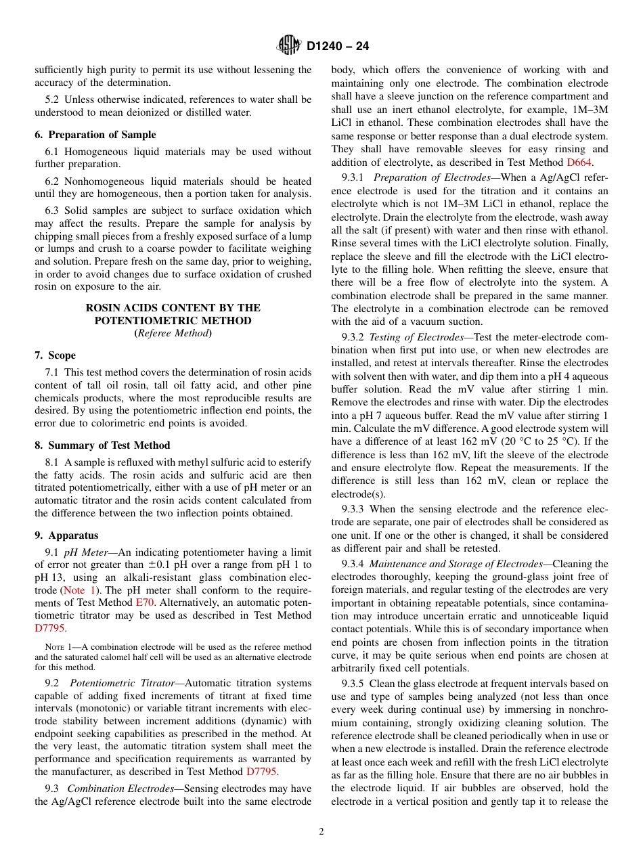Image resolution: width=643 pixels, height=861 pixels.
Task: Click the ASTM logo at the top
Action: (x=288, y=46)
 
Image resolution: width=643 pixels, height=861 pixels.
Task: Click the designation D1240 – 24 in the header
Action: (x=338, y=47)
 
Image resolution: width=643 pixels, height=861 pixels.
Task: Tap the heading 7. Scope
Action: (x=56, y=355)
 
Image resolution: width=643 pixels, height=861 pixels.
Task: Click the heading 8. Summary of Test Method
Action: (x=102, y=445)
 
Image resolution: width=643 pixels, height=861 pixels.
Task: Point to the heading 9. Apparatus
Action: (x=66, y=535)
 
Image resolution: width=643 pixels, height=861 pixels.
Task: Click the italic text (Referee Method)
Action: (x=173, y=333)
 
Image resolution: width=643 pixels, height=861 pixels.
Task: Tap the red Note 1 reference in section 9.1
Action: (x=81, y=590)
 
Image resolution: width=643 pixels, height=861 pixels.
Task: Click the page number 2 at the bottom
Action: (x=321, y=832)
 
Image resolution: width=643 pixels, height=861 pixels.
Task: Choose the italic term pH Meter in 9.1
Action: (x=85, y=552)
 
